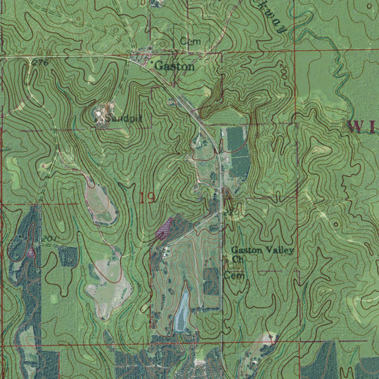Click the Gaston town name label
click(175, 67)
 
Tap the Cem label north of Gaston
click(191, 41)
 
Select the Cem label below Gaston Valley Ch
click(234, 276)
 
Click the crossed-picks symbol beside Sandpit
click(99, 118)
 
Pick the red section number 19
click(147, 198)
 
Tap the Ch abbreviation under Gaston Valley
click(237, 259)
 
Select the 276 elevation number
click(40, 63)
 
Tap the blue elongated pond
click(181, 311)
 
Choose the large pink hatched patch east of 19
click(164, 228)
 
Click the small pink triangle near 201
click(31, 252)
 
